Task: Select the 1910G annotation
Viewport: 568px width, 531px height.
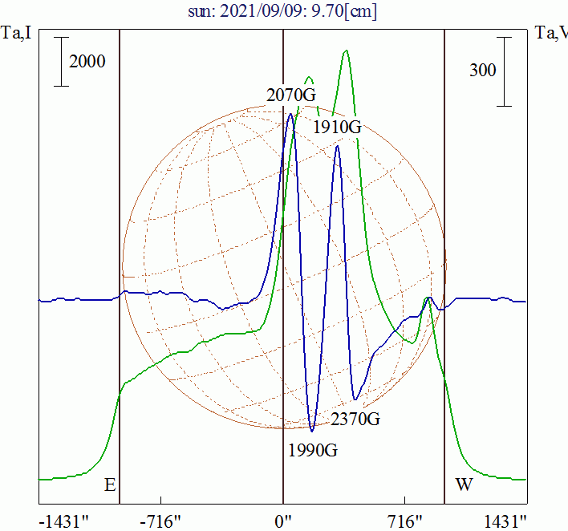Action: (x=337, y=127)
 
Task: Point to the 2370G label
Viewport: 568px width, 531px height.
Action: (x=355, y=419)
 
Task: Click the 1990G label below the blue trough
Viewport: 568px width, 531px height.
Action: (x=313, y=449)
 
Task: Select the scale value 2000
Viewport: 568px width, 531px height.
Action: (x=87, y=62)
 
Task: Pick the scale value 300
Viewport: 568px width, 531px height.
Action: (x=482, y=71)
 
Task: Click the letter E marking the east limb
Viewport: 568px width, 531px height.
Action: (x=110, y=485)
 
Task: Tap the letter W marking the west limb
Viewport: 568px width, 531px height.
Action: (x=463, y=485)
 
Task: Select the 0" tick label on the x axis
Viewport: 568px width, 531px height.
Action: (x=283, y=522)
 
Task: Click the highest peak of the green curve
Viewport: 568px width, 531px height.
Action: (x=346, y=51)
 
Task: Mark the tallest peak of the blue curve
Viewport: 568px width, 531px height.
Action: (x=291, y=114)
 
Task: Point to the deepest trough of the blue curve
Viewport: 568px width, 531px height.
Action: (x=312, y=431)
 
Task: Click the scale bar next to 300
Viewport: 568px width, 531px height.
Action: (x=504, y=71)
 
